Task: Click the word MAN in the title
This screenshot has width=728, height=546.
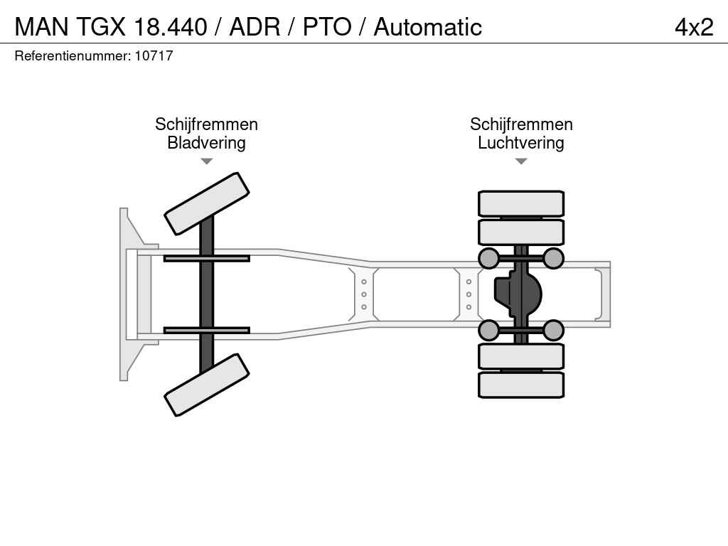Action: click(42, 27)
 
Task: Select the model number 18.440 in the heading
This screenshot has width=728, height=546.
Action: click(170, 27)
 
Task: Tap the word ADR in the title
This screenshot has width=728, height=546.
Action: click(255, 27)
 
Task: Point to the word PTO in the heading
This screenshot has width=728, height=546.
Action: click(327, 27)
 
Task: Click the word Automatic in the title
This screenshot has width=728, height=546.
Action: click(427, 27)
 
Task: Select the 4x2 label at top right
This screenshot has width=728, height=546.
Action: click(694, 27)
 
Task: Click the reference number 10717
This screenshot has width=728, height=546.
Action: click(154, 55)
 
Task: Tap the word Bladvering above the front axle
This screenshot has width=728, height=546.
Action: click(206, 142)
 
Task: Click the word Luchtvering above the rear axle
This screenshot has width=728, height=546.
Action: click(521, 142)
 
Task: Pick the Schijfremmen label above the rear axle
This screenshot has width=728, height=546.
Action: click(521, 124)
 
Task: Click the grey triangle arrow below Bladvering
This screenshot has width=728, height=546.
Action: click(207, 161)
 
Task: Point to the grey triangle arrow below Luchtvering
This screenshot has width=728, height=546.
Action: click(521, 161)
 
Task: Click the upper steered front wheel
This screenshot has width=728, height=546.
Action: click(207, 204)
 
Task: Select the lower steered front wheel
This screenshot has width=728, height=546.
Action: click(207, 385)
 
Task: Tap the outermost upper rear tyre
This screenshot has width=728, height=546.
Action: click(521, 204)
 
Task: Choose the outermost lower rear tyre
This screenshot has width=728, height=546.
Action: click(521, 385)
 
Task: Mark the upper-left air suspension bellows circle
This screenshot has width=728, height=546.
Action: click(489, 258)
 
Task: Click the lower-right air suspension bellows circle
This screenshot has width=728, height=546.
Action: click(553, 330)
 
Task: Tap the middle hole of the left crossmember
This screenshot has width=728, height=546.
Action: click(364, 294)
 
